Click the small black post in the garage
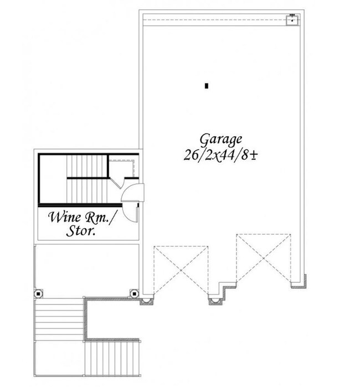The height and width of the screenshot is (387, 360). [206, 86]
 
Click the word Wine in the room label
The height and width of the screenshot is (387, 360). [64, 216]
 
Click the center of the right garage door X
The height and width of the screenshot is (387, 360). [264, 258]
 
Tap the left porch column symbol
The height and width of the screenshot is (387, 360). [39, 293]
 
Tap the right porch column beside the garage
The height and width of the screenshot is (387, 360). [133, 293]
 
